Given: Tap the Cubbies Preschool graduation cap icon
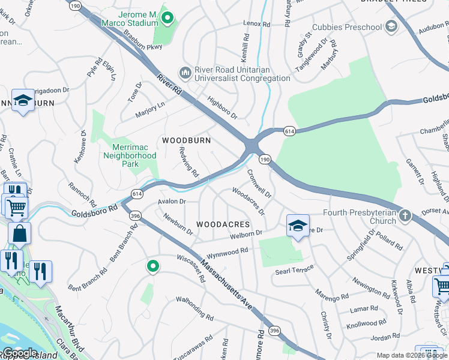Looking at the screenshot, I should point(391,27).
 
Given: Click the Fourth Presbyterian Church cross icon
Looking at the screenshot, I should point(406,215).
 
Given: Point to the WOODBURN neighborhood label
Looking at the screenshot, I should point(187,140).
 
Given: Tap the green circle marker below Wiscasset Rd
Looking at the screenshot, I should point(153,266).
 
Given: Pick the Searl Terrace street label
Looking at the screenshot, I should point(294,271).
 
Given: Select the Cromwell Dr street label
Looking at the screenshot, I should point(259,184).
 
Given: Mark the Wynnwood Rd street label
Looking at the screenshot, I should point(227,252).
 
